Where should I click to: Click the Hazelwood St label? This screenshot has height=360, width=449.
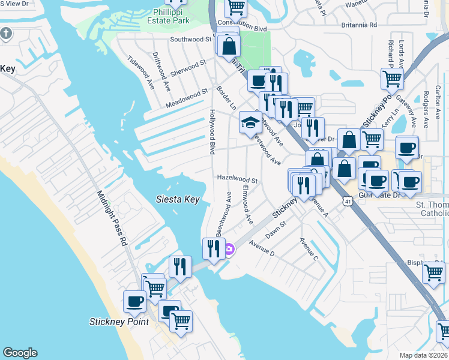(x=237, y=180)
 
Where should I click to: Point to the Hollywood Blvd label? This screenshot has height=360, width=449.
(x=212, y=131)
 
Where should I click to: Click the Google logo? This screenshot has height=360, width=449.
(x=20, y=353)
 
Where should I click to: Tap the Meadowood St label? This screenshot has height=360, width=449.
(x=187, y=100)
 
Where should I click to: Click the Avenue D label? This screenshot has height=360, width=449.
(x=262, y=248)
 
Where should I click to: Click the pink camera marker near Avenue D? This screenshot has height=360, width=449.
(x=229, y=249)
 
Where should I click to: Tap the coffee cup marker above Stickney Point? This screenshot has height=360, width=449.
(x=134, y=301)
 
